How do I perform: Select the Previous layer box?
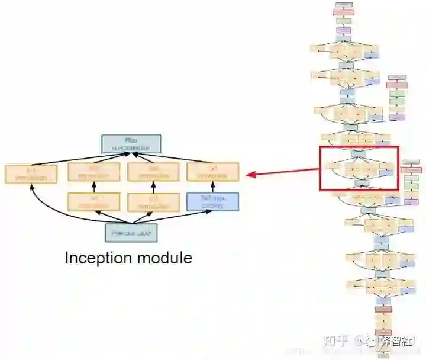[131, 233]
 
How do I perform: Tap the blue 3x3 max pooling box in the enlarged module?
[212, 201]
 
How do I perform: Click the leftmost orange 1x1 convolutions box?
[31, 173]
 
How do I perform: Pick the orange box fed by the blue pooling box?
[212, 172]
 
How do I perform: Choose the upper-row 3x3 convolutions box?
[93, 172]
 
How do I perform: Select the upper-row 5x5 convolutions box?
[153, 172]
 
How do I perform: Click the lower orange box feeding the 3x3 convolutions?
[93, 202]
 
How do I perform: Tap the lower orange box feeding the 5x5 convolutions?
[153, 202]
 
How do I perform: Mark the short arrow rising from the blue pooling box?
[212, 187]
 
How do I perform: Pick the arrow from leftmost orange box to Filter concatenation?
[77, 158]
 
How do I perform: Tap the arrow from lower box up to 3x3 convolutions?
[93, 187]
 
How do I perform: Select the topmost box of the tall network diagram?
[343, 5]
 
